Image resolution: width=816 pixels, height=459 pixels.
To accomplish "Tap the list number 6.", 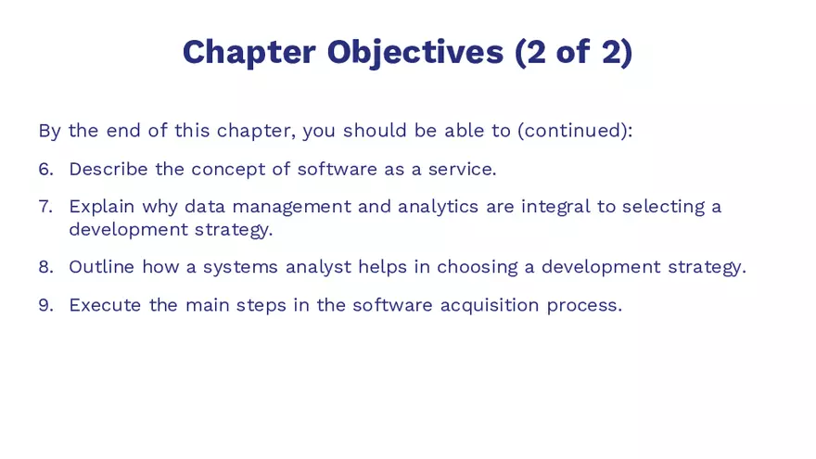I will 45,169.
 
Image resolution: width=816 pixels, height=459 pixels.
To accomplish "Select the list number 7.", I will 45,206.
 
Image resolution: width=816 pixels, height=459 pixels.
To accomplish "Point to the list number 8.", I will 45,267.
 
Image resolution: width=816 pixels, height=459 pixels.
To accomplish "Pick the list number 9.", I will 45,304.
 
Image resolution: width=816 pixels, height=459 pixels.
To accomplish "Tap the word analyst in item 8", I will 318,267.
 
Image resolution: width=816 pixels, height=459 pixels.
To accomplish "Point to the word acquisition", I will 490,304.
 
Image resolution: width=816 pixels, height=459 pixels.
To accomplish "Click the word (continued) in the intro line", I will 575,131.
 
